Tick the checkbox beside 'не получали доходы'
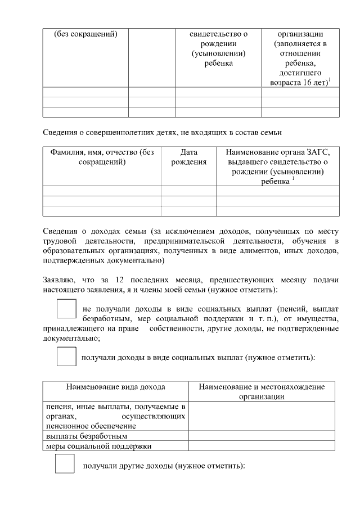click(x=66, y=310)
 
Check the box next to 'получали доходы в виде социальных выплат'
click(x=66, y=357)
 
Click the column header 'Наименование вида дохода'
click(x=116, y=387)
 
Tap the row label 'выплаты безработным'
click(x=86, y=436)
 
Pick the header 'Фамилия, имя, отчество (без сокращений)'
click(x=102, y=156)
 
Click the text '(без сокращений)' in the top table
click(x=85, y=34)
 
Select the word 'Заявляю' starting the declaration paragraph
click(x=58, y=280)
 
